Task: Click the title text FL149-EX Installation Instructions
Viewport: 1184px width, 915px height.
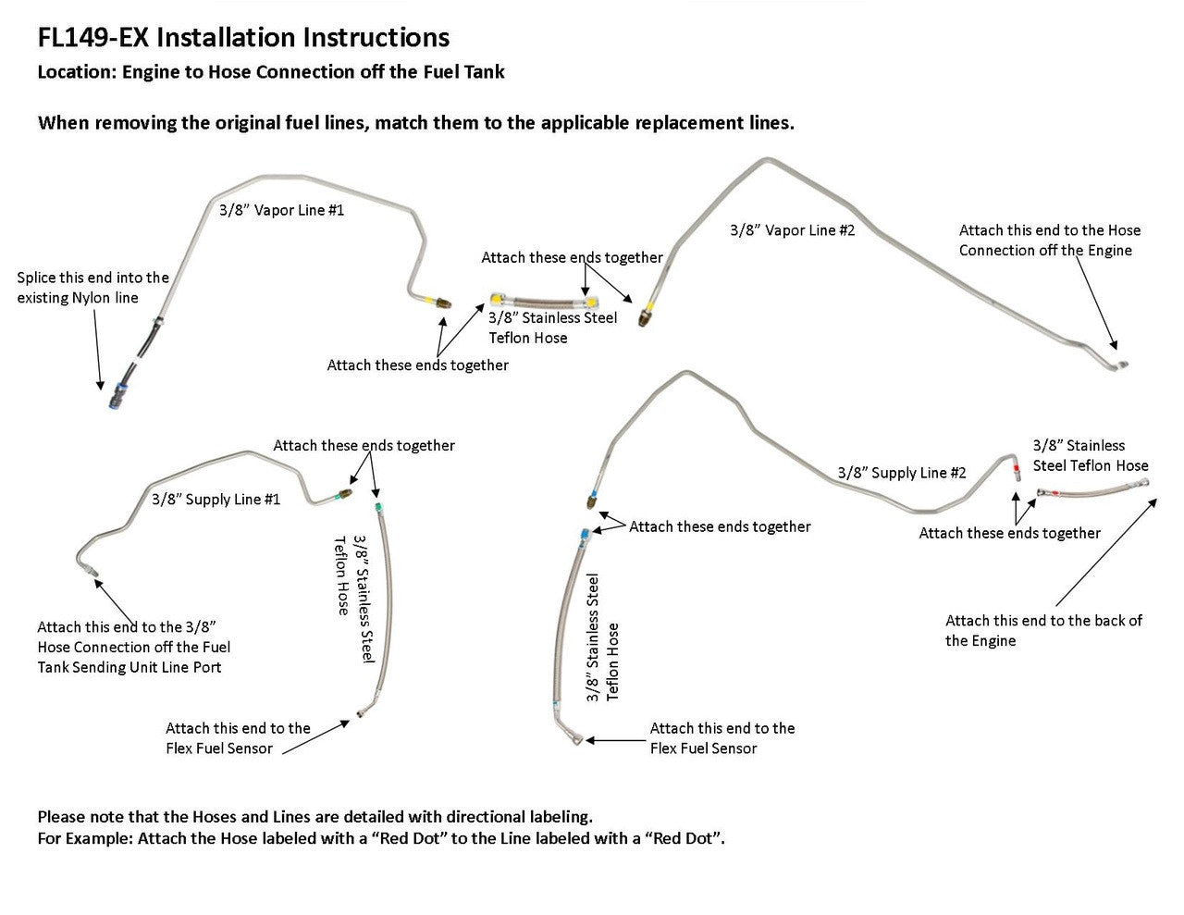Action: pos(243,38)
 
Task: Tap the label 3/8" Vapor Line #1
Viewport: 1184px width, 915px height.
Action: pos(281,210)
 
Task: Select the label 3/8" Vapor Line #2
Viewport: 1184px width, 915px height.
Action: pos(792,230)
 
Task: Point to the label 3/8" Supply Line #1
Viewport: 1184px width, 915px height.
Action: pos(216,500)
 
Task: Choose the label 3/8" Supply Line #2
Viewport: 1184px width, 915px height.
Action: pos(902,473)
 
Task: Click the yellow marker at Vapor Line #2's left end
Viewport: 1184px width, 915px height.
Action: pos(653,307)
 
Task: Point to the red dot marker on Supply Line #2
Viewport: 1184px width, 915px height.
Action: pos(1017,470)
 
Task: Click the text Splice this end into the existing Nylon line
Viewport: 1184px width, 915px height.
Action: pos(92,288)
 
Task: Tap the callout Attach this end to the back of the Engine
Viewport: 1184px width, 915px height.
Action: pos(1042,630)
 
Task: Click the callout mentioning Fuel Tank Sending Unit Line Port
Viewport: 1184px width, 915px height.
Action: pos(134,647)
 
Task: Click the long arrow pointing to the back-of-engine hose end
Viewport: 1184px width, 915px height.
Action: pos(1104,553)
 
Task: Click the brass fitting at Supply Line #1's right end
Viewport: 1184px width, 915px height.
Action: pos(344,493)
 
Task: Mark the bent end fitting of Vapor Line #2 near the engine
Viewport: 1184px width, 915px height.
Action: pos(1118,361)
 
